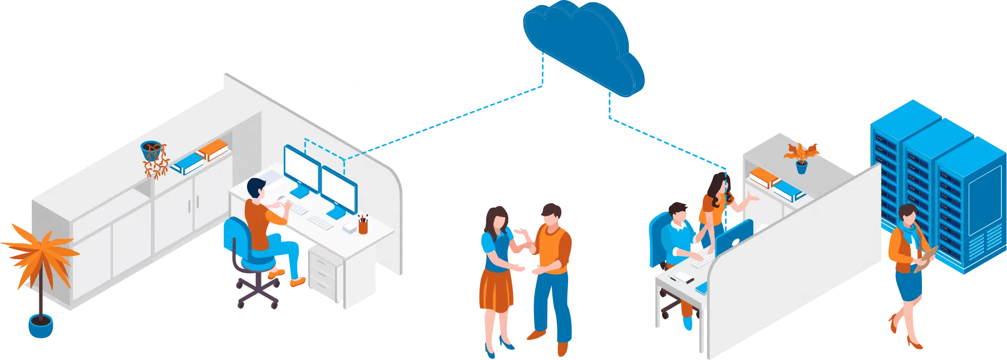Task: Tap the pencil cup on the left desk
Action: coord(363,225)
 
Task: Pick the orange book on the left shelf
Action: coord(213,150)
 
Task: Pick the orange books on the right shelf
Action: coord(764,177)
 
